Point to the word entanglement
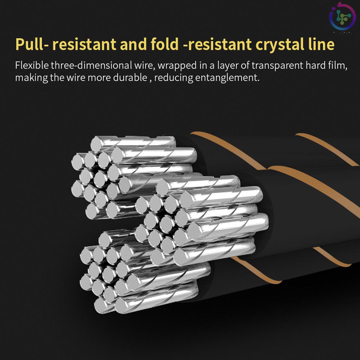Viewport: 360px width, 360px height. [x=227, y=77]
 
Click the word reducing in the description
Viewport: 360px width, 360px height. [x=174, y=77]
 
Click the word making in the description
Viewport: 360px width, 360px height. [x=31, y=77]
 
